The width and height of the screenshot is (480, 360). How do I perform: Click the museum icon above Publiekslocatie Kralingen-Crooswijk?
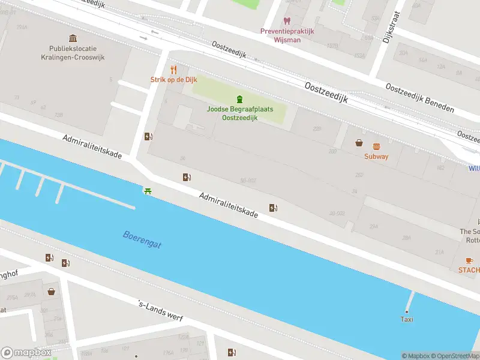coord(73,38)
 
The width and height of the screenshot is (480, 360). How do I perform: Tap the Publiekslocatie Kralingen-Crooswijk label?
coord(73,53)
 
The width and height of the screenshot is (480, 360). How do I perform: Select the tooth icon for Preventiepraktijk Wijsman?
coord(287,21)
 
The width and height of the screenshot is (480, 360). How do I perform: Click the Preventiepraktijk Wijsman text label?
coord(288,36)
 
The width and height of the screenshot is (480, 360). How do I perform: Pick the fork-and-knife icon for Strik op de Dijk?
coord(173,70)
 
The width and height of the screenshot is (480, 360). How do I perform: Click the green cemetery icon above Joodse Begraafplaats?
coord(239,99)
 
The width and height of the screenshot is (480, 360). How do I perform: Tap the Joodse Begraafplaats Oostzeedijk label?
coord(239,114)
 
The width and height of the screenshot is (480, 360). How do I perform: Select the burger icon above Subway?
coord(376,146)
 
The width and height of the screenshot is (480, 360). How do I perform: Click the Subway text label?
coord(376,157)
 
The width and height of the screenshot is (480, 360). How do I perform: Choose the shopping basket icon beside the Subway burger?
coord(359,143)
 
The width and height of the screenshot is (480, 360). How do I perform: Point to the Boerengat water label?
coord(142,239)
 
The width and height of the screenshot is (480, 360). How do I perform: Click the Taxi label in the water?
coord(407,319)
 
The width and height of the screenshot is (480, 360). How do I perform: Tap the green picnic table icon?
coord(147,191)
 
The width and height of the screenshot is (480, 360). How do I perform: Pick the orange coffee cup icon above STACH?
coord(469,260)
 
